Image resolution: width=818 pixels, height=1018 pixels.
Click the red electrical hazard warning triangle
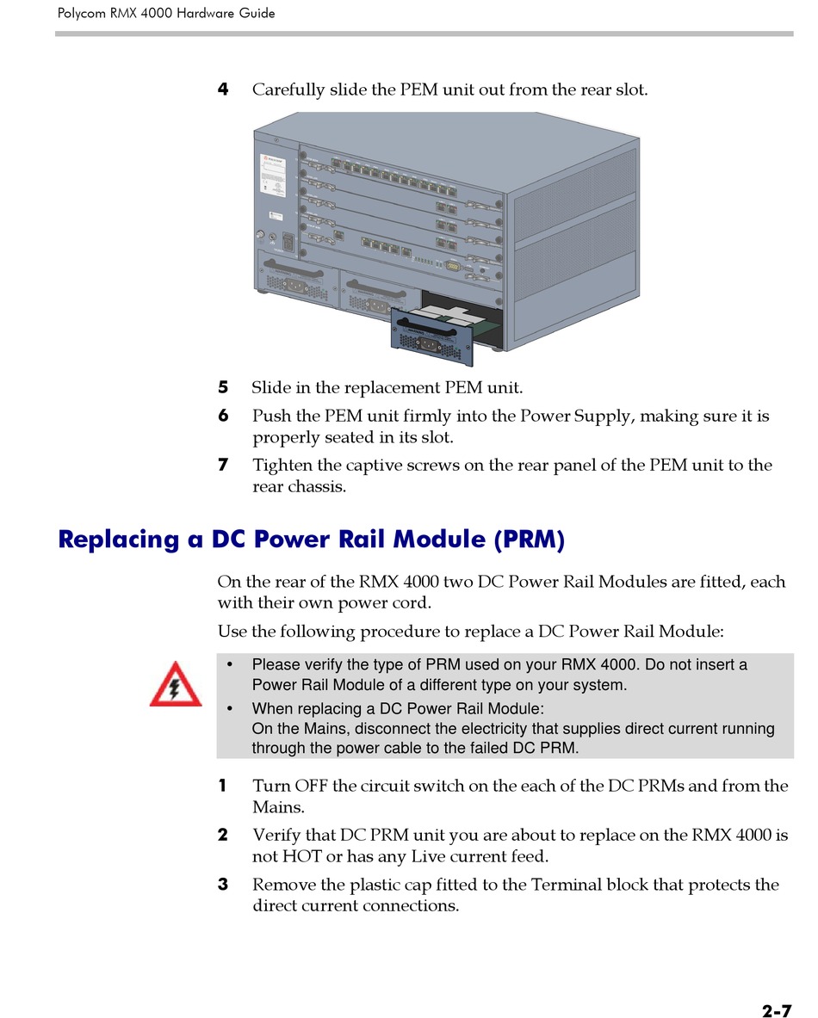176,685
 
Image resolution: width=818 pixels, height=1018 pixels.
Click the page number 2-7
776,987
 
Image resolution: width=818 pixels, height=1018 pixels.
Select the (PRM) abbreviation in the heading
530,540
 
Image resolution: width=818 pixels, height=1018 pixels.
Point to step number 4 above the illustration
223,89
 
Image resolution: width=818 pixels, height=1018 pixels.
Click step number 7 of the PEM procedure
223,465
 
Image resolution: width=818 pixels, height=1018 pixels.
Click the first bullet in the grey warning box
230,665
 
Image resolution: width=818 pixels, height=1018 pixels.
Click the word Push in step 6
271,416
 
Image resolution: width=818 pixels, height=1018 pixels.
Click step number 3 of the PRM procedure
223,885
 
